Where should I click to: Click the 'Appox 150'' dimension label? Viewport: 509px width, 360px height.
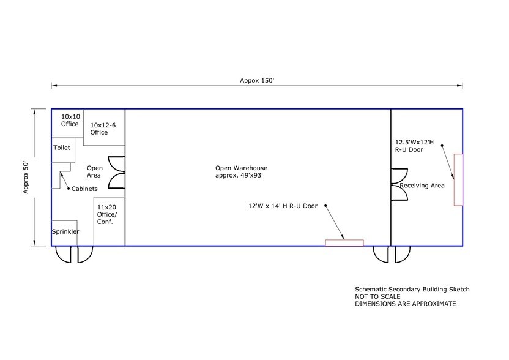(257, 81)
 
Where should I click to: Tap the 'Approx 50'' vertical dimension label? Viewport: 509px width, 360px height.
(26, 178)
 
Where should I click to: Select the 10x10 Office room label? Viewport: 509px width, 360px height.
(70, 120)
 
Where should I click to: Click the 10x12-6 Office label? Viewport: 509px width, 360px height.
(103, 129)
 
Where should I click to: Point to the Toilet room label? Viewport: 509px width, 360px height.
(62, 148)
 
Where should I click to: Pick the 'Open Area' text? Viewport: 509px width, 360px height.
(94, 171)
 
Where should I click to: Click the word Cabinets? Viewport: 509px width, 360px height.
(84, 189)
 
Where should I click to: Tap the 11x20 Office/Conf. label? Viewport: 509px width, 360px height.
(107, 214)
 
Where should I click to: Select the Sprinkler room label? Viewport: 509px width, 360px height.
(65, 231)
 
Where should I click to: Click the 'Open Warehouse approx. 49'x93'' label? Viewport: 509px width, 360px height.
(241, 171)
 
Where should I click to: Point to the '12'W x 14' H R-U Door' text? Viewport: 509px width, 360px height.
(283, 206)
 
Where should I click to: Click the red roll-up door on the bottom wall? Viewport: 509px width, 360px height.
(344, 242)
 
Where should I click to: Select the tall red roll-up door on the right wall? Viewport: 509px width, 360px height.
(458, 179)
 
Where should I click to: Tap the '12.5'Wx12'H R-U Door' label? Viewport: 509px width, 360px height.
(414, 146)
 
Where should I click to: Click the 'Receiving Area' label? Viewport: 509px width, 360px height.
(422, 186)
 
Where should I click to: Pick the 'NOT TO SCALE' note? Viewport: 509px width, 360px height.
(377, 297)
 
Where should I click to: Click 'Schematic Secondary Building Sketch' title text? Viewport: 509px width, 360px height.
(412, 289)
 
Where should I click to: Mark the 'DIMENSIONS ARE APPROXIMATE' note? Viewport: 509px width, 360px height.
(405, 304)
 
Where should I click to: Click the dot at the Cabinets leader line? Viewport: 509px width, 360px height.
(69, 189)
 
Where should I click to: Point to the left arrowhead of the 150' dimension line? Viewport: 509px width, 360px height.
(54, 86)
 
